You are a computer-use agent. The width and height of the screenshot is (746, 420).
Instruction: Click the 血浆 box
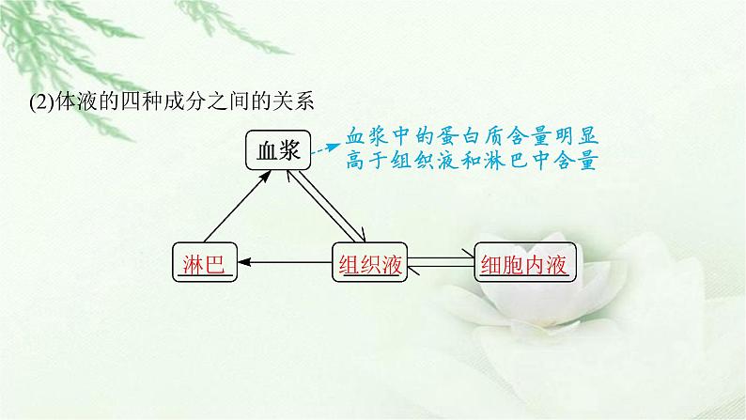278,150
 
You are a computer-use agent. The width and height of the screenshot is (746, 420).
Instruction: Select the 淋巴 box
205,262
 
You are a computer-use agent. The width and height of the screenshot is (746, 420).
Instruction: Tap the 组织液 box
369,262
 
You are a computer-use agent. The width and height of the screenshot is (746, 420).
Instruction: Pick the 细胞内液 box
525,262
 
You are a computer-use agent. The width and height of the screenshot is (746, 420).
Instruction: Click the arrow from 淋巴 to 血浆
238,207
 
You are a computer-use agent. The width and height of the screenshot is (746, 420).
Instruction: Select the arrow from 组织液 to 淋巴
285,261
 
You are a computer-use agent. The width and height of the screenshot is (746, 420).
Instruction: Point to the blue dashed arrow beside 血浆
326,148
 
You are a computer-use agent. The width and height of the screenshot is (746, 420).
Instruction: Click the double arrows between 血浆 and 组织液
326,207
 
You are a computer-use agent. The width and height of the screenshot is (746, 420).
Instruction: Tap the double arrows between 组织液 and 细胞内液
441,262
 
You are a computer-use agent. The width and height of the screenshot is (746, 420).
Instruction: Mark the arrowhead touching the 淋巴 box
244,261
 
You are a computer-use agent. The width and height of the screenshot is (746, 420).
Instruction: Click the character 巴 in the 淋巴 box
215,264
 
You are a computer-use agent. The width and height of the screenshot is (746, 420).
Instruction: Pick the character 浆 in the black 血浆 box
289,150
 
